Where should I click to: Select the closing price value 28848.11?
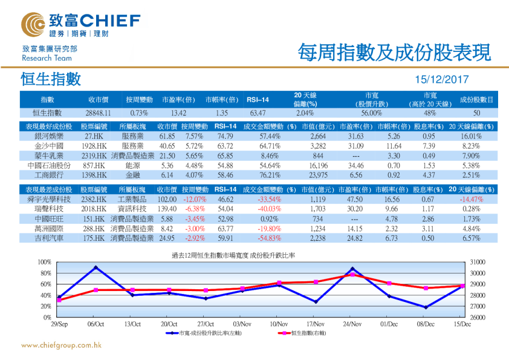click(98, 113)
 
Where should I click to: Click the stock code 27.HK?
click(94, 137)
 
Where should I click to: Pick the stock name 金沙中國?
click(47, 146)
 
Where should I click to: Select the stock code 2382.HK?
click(94, 199)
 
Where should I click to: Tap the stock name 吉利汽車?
click(47, 238)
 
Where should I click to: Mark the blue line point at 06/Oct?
click(96, 267)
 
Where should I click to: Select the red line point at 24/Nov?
click(352, 275)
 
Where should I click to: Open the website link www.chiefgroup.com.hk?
click(60, 345)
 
